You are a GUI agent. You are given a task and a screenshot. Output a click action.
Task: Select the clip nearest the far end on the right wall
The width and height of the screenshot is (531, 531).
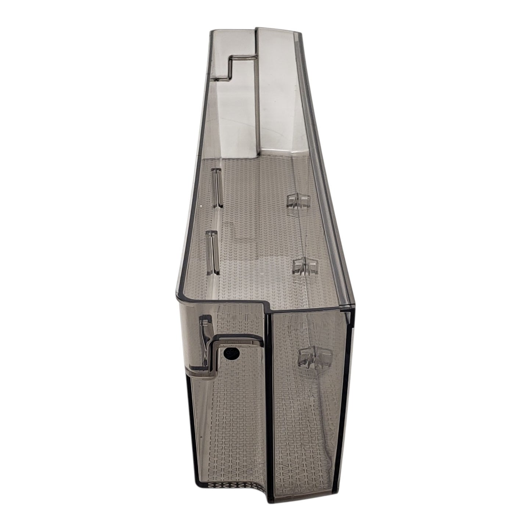click(297, 201)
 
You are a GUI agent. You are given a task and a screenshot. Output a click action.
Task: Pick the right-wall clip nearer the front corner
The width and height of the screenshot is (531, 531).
click(305, 265)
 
